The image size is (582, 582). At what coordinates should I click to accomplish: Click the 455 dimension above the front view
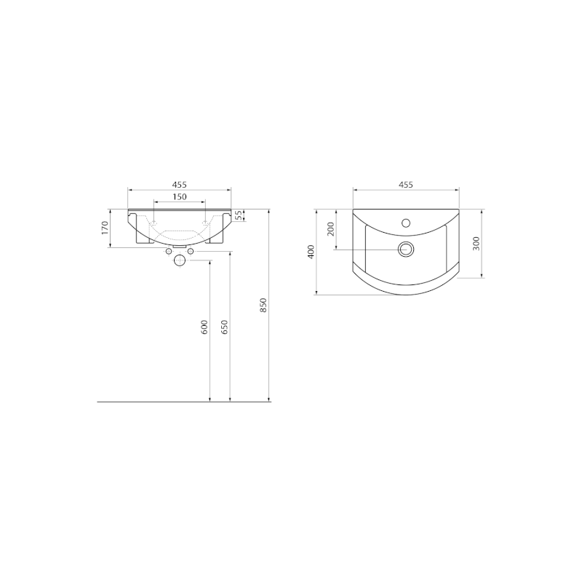click(x=179, y=185)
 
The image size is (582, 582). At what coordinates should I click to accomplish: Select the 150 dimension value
click(x=179, y=196)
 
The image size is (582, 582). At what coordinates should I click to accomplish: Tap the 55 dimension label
click(x=239, y=215)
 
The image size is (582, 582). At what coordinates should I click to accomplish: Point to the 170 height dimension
click(x=105, y=228)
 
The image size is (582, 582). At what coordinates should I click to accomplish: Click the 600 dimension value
click(x=204, y=327)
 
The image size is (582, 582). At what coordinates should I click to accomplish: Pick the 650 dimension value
click(x=225, y=327)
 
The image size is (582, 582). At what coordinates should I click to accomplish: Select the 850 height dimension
click(x=263, y=305)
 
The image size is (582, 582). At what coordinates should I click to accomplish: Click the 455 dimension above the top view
click(x=406, y=185)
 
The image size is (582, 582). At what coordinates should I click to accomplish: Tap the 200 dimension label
click(x=331, y=229)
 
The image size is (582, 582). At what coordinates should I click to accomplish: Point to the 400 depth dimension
click(x=311, y=252)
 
